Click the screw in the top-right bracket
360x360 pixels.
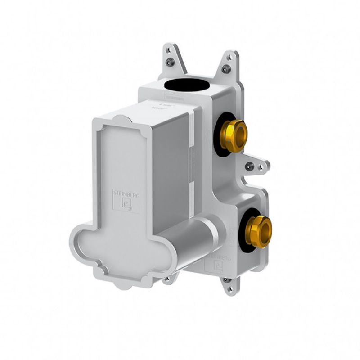click(226, 69)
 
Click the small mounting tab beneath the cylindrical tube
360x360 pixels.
click(167, 279)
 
